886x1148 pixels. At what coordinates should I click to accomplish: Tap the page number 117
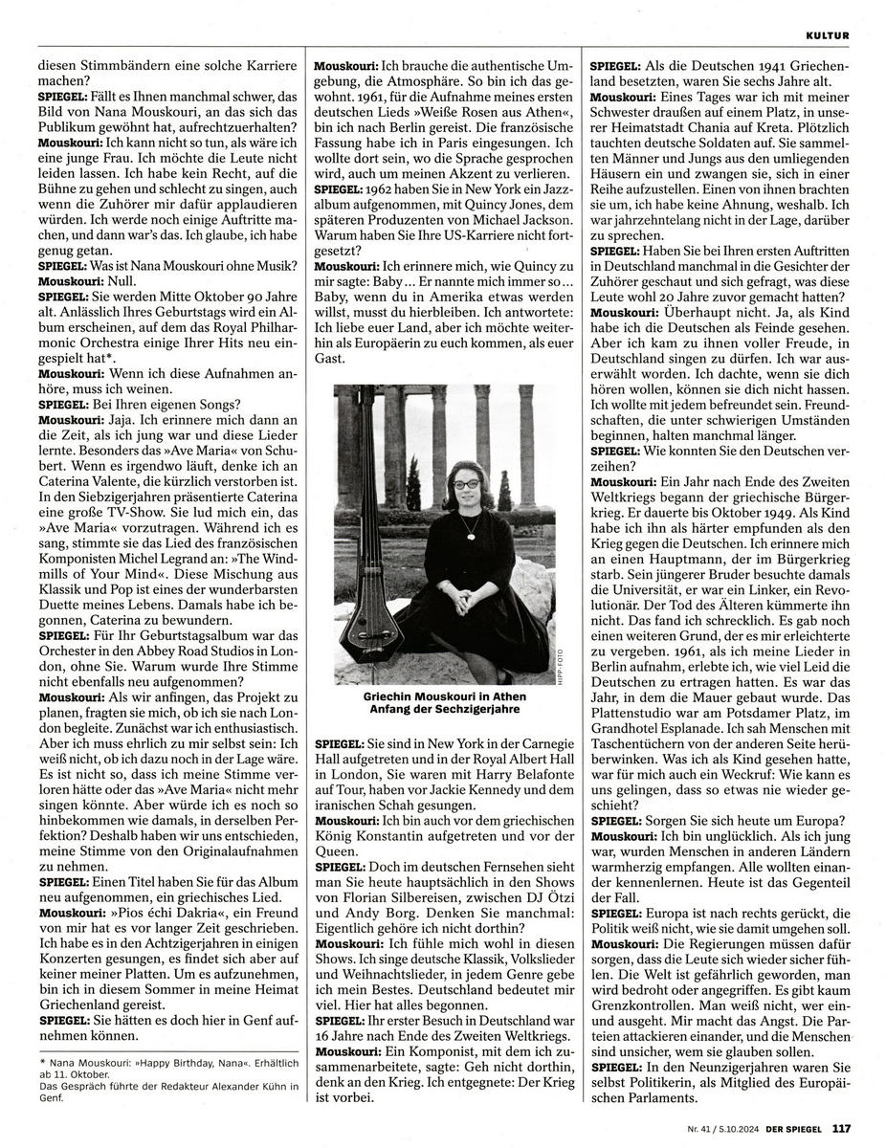841,1126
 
